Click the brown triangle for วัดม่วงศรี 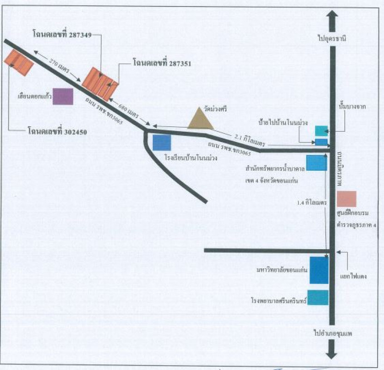[x=201, y=120]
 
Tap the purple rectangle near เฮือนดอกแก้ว [x=63, y=96]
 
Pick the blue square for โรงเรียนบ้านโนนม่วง [x=162, y=143]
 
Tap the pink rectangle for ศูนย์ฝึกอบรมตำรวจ [x=347, y=199]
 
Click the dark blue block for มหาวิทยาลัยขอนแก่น [x=319, y=270]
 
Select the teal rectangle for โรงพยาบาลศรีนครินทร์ [x=318, y=297]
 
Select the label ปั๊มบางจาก [x=352, y=107]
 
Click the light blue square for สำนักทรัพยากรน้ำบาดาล [x=317, y=163]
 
